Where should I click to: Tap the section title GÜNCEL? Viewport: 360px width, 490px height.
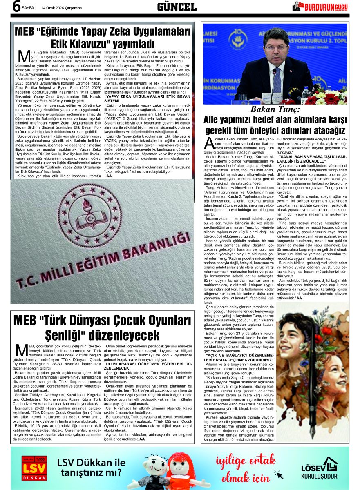point(177,7)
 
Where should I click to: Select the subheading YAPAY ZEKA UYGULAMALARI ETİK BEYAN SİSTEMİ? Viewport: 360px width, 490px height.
point(148,98)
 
